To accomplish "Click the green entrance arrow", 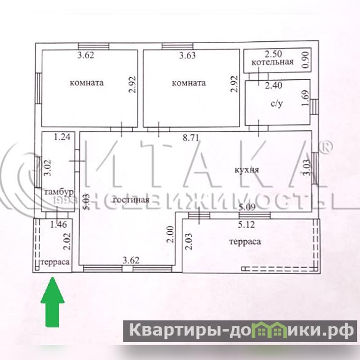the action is coord(53,302).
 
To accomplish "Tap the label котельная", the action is coord(273,62).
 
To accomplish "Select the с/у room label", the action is coord(277,104).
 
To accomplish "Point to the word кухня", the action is coord(247,170).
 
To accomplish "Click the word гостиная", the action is coord(131,199).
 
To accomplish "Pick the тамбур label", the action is coord(59,192).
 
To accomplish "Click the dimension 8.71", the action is coord(191,138).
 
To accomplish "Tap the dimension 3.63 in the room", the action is coord(187,55).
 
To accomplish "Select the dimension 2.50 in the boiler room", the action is coord(273,54).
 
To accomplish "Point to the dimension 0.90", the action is coord(306,60).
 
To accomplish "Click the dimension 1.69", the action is coord(306,98).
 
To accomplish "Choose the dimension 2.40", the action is coord(274,85).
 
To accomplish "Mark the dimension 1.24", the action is coord(62,137).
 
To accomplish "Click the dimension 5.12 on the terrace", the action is coord(246,225).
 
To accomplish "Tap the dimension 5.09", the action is coord(247,207).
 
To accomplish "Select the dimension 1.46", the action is coord(58,225).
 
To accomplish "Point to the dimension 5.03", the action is coord(86,202).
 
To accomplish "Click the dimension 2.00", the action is coord(171,234).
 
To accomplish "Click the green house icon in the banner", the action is coord(269,329).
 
